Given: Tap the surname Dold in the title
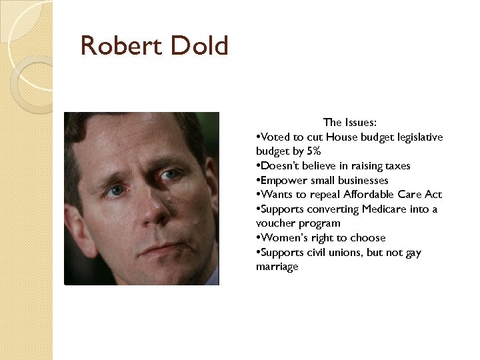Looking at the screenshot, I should click(199, 46).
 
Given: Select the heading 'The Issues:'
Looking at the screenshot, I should click(350, 122).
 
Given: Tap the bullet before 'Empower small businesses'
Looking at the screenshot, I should click(258, 181).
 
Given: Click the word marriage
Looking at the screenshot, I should click(277, 267).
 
